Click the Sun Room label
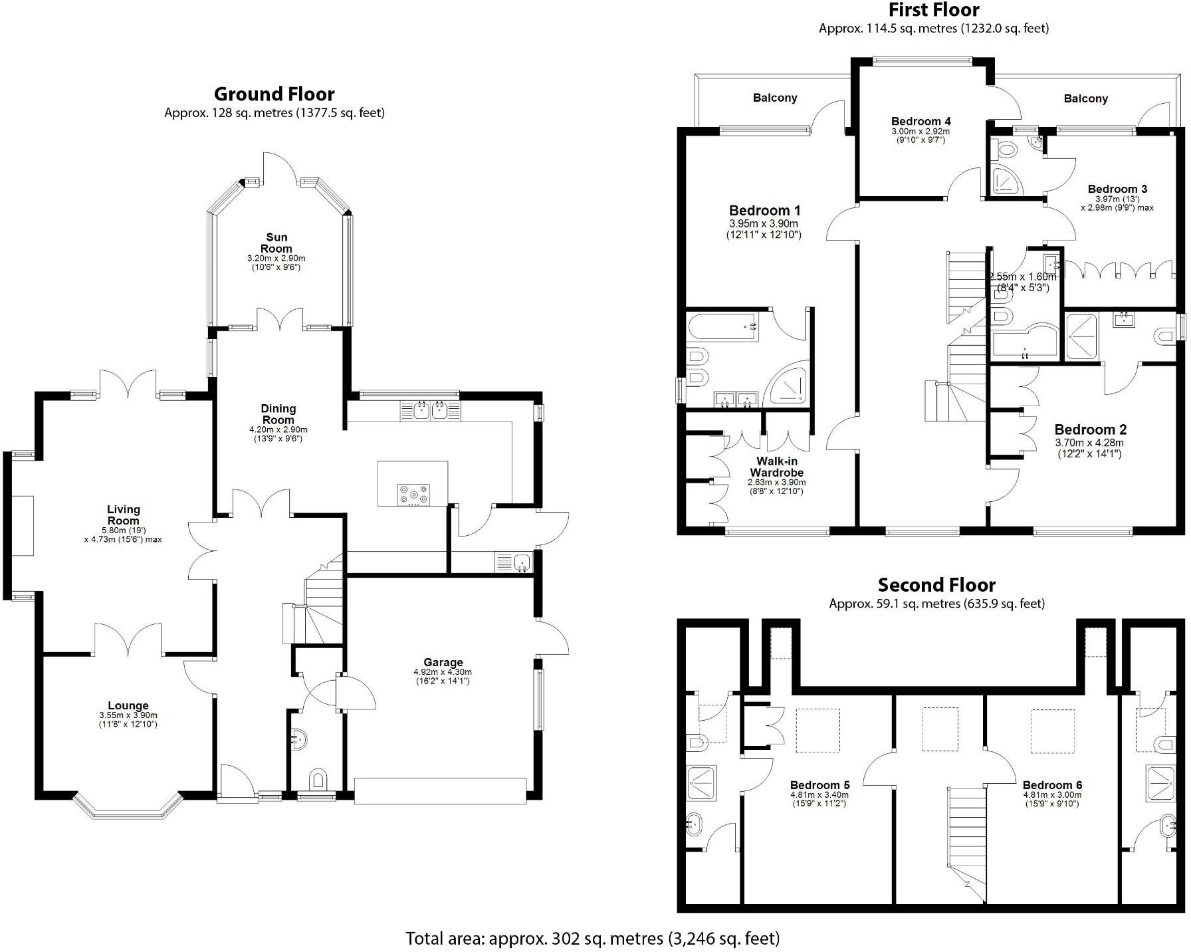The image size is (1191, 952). click(x=276, y=243)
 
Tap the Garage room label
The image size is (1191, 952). click(x=443, y=662)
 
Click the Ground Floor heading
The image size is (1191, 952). click(x=274, y=94)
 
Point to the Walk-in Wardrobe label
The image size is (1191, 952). click(x=776, y=467)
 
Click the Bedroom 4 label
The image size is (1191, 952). click(x=920, y=121)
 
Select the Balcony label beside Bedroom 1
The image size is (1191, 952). click(x=775, y=98)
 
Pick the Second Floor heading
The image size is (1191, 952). click(x=936, y=585)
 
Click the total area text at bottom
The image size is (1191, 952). click(x=592, y=938)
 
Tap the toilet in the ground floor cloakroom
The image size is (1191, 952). click(x=318, y=779)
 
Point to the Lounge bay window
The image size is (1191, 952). click(x=127, y=808)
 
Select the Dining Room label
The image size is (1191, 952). click(x=278, y=414)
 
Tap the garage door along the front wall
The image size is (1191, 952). click(x=440, y=790)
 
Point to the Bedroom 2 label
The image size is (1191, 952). click(x=1090, y=429)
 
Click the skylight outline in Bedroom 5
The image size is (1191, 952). click(x=817, y=731)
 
